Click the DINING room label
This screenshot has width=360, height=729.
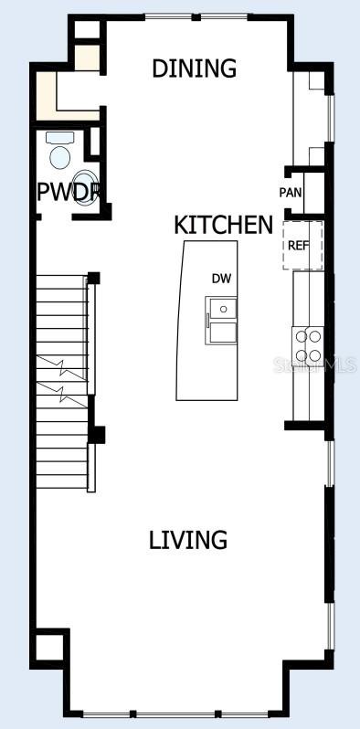[x=194, y=69]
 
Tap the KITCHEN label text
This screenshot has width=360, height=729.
[x=223, y=225]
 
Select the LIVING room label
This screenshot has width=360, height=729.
[x=188, y=540]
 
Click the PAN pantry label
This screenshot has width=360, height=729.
[x=291, y=193]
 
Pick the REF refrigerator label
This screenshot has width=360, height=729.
[x=299, y=246]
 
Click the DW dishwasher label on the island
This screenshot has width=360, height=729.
[x=220, y=279]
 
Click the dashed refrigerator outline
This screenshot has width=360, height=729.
[x=302, y=244]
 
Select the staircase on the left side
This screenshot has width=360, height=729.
[x=61, y=384]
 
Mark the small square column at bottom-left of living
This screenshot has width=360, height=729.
[x=49, y=647]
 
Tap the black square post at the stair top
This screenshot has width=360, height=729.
[x=93, y=277]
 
